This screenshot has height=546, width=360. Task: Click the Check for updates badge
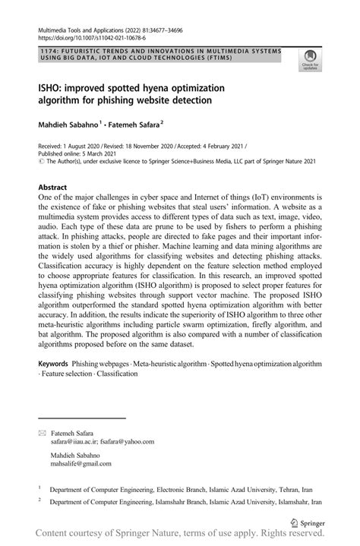click(309, 59)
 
